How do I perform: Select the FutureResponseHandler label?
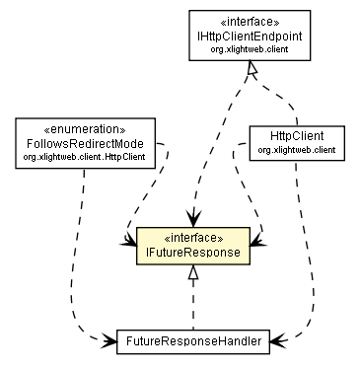[x=193, y=341]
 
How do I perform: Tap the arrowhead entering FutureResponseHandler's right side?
[x=278, y=341]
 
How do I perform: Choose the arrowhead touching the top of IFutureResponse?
[x=194, y=218]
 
